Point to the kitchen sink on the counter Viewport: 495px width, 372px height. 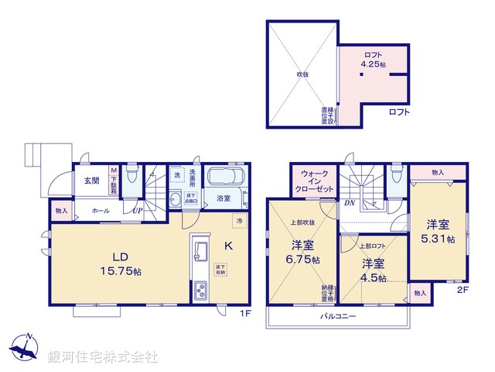[x=200, y=250]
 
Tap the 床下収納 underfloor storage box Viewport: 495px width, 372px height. [x=220, y=269]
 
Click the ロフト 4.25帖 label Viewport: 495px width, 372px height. [x=373, y=60]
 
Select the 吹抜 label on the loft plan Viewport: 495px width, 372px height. [x=302, y=74]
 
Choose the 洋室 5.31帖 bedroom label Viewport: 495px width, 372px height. [x=439, y=232]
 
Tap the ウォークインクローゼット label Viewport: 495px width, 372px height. [x=314, y=183]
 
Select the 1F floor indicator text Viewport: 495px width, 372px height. [x=243, y=313]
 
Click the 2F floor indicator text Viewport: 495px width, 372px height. [x=463, y=290]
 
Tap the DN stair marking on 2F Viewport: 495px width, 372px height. [x=350, y=204]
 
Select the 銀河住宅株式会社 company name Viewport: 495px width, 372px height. [x=102, y=357]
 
